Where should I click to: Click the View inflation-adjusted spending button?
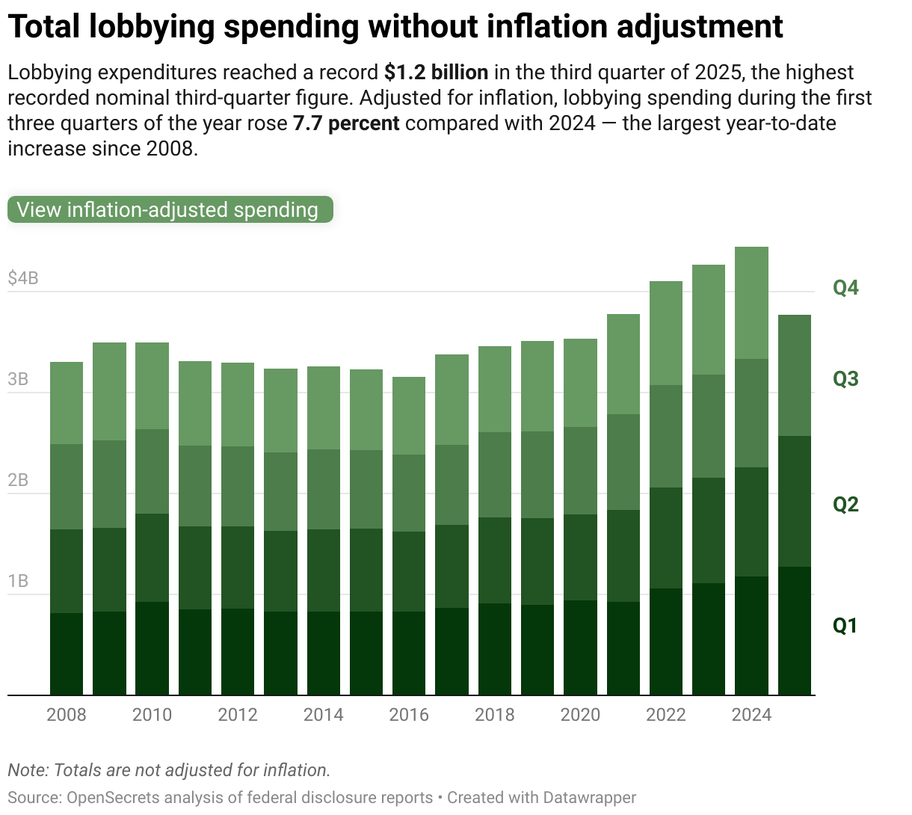coord(170,210)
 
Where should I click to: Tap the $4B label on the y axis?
coord(23,279)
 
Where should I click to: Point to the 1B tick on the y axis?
coord(18,582)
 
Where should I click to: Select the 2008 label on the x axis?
coord(67,715)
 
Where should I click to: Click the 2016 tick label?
coord(409,715)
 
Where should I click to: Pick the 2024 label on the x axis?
coord(751,715)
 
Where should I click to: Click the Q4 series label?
coord(845,288)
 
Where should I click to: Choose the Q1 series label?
coord(845,626)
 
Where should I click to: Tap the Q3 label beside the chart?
coord(845,379)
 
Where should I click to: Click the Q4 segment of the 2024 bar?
coord(751,303)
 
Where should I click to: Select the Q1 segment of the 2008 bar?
coord(67,654)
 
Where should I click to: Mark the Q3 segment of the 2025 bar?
coord(795,375)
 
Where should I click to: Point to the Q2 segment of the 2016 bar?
coord(409,571)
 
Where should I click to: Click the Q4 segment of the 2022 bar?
coord(666,333)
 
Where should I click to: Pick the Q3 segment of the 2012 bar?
coord(238,486)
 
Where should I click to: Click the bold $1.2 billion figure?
coord(437,73)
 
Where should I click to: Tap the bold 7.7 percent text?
coord(346,123)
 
